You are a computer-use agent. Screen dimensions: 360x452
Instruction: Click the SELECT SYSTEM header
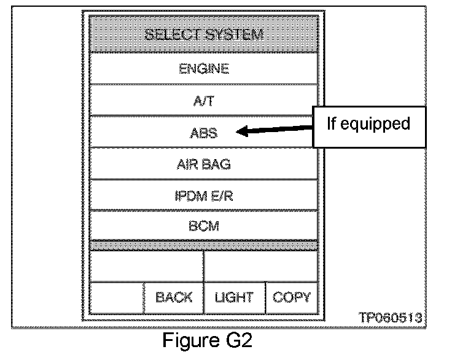click(x=204, y=34)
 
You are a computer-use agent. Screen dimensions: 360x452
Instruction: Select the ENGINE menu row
click(x=204, y=69)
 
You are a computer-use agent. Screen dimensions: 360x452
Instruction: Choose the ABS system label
click(x=204, y=132)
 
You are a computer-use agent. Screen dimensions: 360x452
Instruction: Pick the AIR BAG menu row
click(x=204, y=165)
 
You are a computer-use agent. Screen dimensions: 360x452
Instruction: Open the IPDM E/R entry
click(x=204, y=196)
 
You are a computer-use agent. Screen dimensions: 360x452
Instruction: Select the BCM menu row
click(x=204, y=226)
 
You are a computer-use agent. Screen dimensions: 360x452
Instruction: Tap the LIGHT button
click(x=234, y=298)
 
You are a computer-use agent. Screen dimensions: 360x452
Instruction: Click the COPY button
click(x=292, y=298)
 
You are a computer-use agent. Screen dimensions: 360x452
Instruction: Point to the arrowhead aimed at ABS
click(x=241, y=131)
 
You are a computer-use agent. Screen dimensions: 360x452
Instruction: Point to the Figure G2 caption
click(x=207, y=340)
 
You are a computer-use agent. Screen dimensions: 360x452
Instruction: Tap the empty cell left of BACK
click(x=117, y=298)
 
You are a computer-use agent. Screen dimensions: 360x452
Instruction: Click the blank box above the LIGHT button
click(x=260, y=267)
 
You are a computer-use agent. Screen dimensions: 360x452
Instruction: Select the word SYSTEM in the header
click(x=234, y=34)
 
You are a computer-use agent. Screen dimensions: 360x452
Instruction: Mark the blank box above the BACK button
click(x=147, y=267)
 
